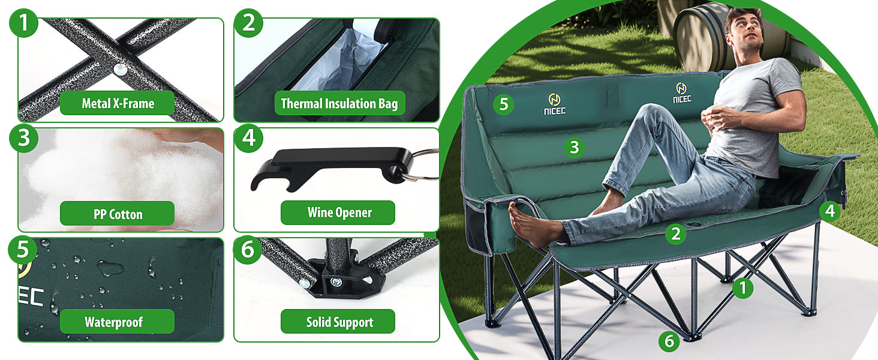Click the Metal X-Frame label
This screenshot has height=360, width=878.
coord(117,103)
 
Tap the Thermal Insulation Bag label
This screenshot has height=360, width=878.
coord(339,103)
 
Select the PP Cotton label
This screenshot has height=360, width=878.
coord(117,214)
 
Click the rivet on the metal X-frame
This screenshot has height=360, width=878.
coord(121,70)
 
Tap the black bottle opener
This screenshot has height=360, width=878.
coord(331,169)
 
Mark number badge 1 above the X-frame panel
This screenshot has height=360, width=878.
coord(23,23)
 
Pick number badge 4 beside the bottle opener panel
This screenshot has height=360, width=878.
coord(249,138)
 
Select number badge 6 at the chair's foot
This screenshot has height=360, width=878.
coord(669,341)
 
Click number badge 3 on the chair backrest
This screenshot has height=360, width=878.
coord(574,148)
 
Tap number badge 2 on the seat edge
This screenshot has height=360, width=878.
coord(676,234)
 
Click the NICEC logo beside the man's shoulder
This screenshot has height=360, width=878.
coord(682,93)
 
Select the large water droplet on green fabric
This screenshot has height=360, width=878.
coord(110,268)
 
